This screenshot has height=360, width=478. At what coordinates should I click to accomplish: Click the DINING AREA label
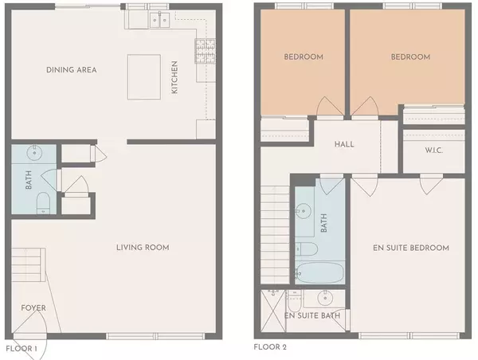pyautogui.click(x=72, y=70)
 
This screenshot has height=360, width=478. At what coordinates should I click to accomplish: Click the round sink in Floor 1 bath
pyautogui.click(x=33, y=152)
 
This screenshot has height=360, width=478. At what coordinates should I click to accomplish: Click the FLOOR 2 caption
pyautogui.click(x=270, y=347)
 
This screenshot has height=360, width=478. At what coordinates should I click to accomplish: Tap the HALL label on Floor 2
pyautogui.click(x=344, y=145)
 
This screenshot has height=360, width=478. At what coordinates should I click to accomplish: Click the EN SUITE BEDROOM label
pyautogui.click(x=411, y=248)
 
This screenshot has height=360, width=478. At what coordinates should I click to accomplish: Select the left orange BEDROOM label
pyautogui.click(x=304, y=57)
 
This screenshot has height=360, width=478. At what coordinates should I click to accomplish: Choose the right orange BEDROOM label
pyautogui.click(x=410, y=57)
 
